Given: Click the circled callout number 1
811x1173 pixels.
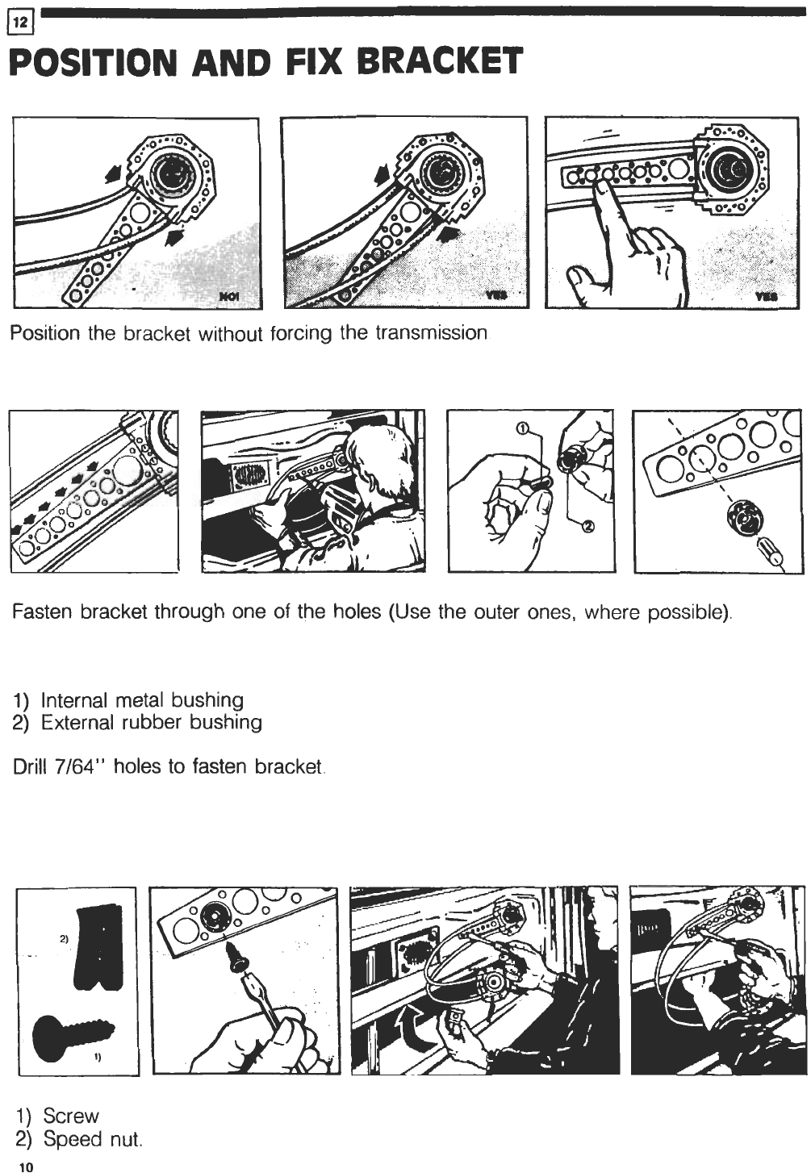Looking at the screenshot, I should click(x=521, y=429).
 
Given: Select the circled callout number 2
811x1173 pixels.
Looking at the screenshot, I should click(x=587, y=527).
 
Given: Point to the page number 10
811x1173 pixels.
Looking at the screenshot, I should click(x=26, y=1166).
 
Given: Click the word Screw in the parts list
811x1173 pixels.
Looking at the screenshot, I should click(x=70, y=1117).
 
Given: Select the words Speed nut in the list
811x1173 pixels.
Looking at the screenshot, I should click(x=93, y=1139).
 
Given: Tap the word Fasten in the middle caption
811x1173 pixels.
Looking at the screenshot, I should click(x=42, y=612).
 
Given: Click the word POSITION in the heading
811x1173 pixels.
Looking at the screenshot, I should click(x=89, y=61).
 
